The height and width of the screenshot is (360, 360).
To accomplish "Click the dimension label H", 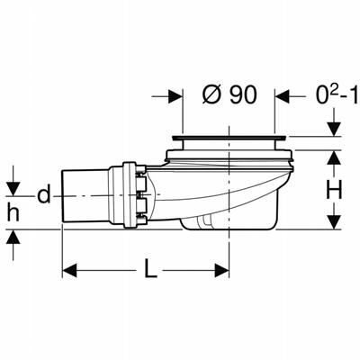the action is click(x=334, y=190).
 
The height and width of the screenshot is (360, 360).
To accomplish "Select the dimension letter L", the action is click(x=150, y=268).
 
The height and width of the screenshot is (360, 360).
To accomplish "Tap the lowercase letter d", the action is click(x=44, y=194).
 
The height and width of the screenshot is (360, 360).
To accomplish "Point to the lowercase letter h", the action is click(x=13, y=211).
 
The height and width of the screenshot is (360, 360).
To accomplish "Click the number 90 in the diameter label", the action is click(x=243, y=95).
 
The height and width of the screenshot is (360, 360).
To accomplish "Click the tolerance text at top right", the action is click(x=337, y=95).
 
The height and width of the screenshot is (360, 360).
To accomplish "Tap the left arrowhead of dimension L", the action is click(x=69, y=271).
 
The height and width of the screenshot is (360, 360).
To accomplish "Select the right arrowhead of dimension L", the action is click(x=221, y=271).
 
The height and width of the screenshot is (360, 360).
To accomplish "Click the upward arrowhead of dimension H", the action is click(x=334, y=157).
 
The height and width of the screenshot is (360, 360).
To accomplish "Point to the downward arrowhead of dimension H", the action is click(x=334, y=222).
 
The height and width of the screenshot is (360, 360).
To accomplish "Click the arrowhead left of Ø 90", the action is click(x=175, y=96).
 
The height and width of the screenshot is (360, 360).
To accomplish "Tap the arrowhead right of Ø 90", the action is click(x=282, y=96).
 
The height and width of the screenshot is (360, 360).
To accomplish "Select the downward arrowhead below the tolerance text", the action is click(x=334, y=130).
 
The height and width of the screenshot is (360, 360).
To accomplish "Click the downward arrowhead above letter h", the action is click(x=13, y=189).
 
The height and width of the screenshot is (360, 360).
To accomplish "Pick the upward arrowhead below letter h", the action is click(x=13, y=237).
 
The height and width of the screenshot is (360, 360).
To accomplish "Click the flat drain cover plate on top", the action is click(x=229, y=138).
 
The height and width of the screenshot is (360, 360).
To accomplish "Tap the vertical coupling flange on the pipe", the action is click(x=129, y=195).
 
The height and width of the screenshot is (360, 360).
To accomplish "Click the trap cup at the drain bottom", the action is click(x=229, y=222).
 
